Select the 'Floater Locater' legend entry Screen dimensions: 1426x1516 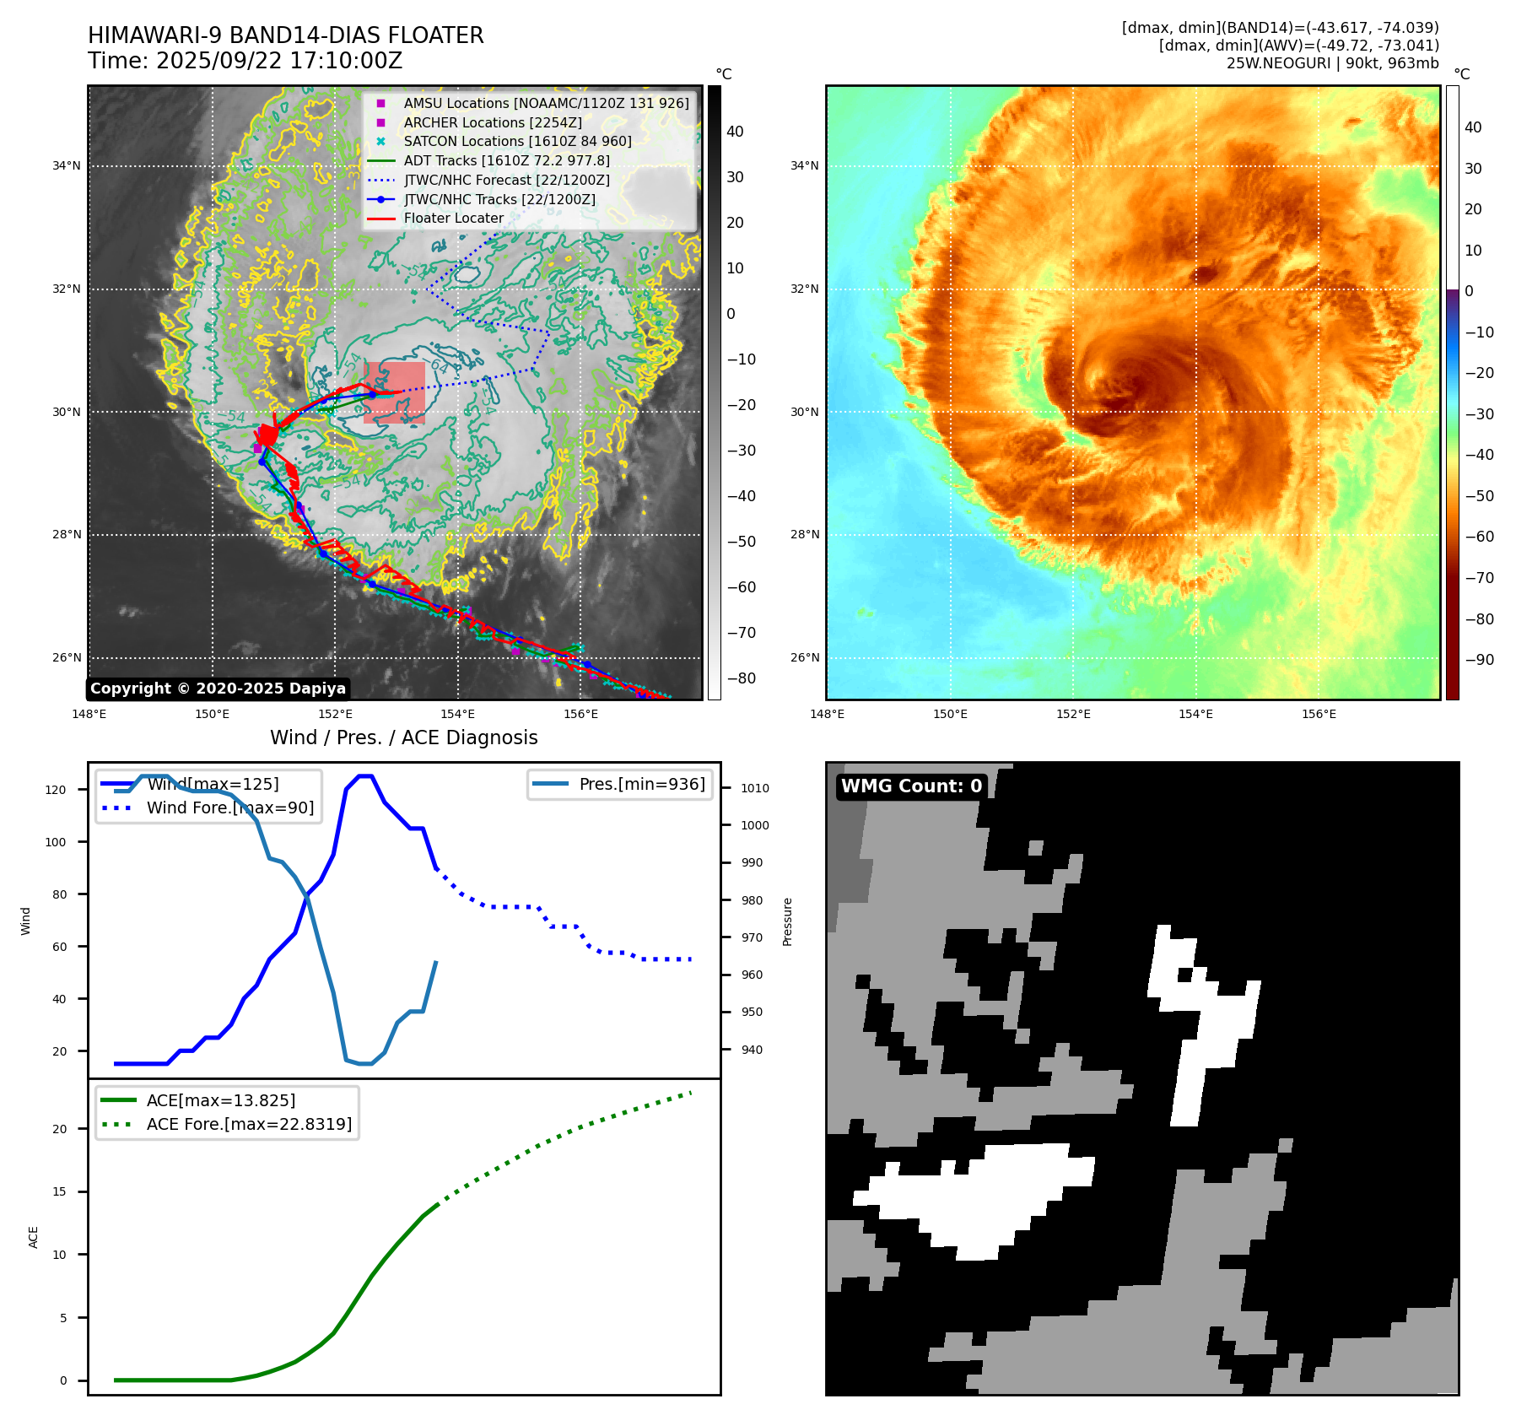pyautogui.click(x=453, y=219)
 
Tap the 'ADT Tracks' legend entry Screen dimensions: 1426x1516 pyautogui.click(x=506, y=160)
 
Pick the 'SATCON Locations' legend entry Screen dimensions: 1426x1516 pyautogui.click(x=517, y=142)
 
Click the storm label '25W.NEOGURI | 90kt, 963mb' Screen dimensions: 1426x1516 pyautogui.click(x=1332, y=63)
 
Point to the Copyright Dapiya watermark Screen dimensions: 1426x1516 pyautogui.click(x=218, y=689)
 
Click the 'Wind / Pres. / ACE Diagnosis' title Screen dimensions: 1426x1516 pyautogui.click(x=403, y=737)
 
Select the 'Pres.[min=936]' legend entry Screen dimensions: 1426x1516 pyautogui.click(x=641, y=784)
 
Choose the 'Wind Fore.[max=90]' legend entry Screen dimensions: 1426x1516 pyautogui.click(x=229, y=808)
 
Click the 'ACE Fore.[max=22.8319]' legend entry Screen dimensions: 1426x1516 pyautogui.click(x=249, y=1124)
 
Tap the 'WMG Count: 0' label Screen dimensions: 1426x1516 pyautogui.click(x=911, y=786)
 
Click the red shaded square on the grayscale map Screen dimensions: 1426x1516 pyautogui.click(x=394, y=392)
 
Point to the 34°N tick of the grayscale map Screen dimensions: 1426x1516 pyautogui.click(x=67, y=166)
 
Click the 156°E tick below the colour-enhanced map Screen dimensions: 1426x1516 pyautogui.click(x=1319, y=714)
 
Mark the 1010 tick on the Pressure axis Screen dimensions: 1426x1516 pyautogui.click(x=754, y=788)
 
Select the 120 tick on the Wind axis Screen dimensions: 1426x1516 pyautogui.click(x=56, y=790)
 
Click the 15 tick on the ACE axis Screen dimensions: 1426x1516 pyautogui.click(x=59, y=1191)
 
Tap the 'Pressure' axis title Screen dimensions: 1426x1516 pyautogui.click(x=787, y=921)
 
